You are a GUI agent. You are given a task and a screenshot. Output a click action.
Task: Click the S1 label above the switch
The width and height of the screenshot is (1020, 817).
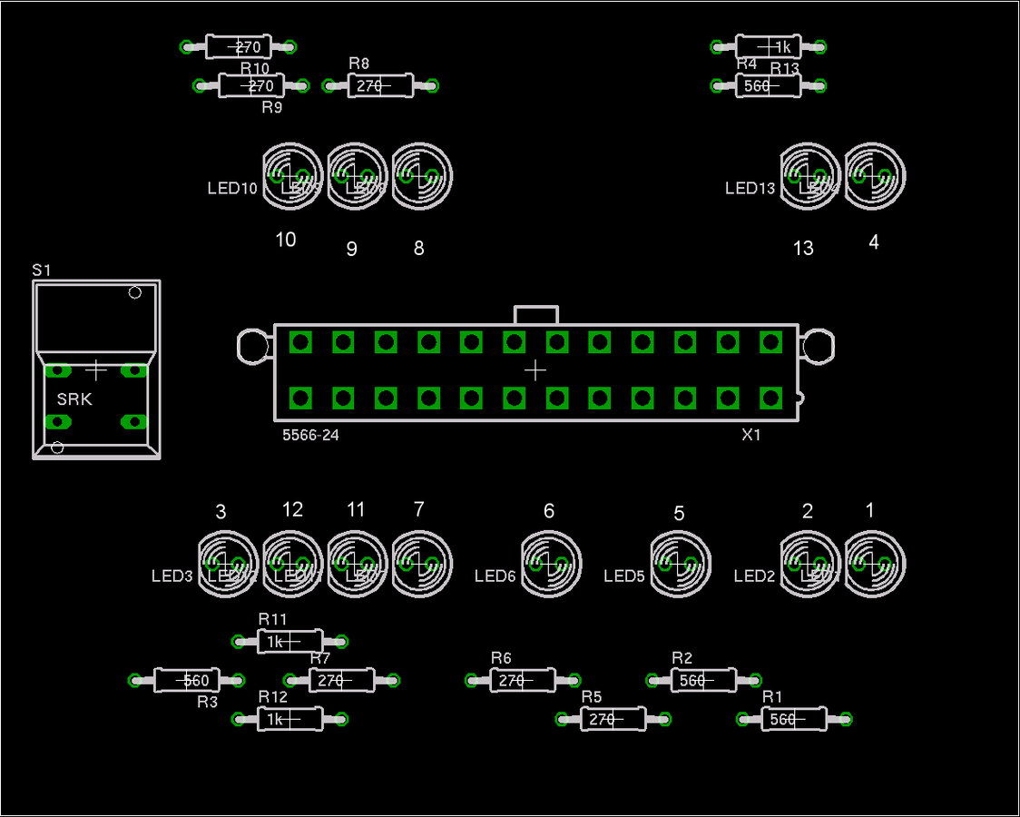pyautogui.click(x=42, y=270)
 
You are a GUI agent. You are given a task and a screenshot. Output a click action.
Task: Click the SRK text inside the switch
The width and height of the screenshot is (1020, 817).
pyautogui.click(x=74, y=399)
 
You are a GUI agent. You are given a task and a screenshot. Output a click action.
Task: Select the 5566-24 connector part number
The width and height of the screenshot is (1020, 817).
pyautogui.click(x=310, y=436)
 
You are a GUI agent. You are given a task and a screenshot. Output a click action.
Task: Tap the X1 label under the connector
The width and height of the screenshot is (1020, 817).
pyautogui.click(x=751, y=435)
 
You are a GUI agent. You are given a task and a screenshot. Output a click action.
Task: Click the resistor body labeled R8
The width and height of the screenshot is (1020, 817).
pyautogui.click(x=380, y=86)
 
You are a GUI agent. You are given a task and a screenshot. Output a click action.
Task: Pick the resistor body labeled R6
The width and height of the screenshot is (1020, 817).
pyautogui.click(x=523, y=680)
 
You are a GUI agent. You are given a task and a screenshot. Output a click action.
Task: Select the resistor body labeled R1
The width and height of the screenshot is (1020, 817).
pyautogui.click(x=793, y=719)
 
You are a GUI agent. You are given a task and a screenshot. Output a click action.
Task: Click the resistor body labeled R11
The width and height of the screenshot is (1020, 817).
pyautogui.click(x=289, y=642)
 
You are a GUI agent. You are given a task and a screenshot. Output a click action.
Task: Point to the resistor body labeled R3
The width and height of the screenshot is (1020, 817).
pyautogui.click(x=187, y=680)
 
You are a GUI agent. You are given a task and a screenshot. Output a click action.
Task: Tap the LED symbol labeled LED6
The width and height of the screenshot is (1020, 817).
pyautogui.click(x=551, y=563)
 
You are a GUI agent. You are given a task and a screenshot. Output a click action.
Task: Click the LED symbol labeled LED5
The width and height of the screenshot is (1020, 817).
pyautogui.click(x=681, y=563)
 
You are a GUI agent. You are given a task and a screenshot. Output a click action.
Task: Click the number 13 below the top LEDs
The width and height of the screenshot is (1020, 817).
pyautogui.click(x=803, y=248)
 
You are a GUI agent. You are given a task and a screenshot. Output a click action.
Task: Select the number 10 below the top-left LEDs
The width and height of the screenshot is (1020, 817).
pyautogui.click(x=286, y=240)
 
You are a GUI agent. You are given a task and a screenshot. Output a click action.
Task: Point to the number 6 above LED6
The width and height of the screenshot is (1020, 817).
pyautogui.click(x=549, y=511)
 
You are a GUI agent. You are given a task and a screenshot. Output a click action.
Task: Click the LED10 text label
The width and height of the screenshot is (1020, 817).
pyautogui.click(x=232, y=189)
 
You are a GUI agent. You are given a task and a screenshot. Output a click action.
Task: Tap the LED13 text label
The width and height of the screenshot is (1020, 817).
pyautogui.click(x=750, y=189)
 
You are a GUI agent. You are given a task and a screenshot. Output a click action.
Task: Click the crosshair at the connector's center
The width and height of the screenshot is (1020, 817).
pyautogui.click(x=535, y=370)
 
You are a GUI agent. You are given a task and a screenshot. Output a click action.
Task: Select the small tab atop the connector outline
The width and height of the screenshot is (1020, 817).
pyautogui.click(x=536, y=315)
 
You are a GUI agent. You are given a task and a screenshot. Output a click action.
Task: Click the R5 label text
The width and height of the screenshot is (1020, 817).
pyautogui.click(x=592, y=696)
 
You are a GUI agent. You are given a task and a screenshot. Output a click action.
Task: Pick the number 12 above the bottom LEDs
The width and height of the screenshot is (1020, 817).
pyautogui.click(x=292, y=509)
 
